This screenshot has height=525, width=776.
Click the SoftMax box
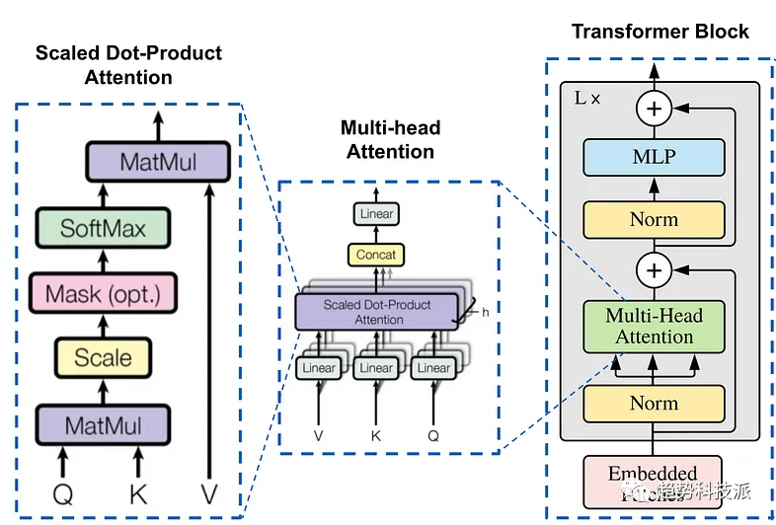[x=103, y=228]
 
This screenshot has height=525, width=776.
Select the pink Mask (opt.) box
[x=103, y=293]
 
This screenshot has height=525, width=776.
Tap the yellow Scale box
[x=103, y=358]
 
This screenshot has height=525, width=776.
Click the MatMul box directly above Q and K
[x=103, y=425]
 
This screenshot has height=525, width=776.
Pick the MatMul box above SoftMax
[x=159, y=161]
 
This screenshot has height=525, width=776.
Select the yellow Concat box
[x=375, y=255]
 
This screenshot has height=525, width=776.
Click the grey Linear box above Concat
[x=376, y=213]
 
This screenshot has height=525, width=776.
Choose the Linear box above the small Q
[x=434, y=368]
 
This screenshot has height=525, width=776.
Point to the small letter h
[x=485, y=312]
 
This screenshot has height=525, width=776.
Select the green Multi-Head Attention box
[x=654, y=326]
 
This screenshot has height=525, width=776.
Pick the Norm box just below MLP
[x=654, y=219]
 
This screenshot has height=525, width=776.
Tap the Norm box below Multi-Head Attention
[x=654, y=403]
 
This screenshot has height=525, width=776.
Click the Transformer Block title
[x=660, y=31]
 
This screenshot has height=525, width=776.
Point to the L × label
[x=588, y=98]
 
